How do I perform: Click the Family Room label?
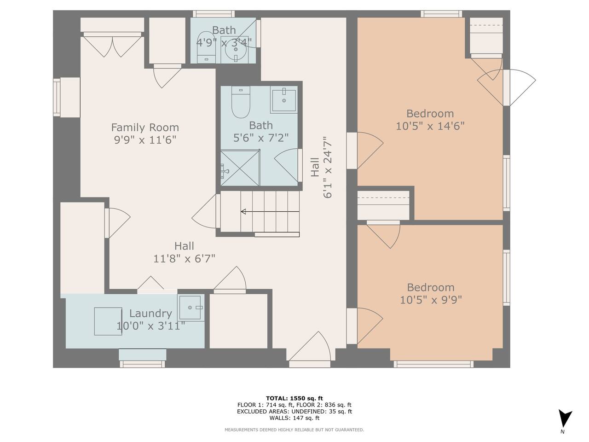coord(145,127)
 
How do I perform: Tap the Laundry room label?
coord(150,313)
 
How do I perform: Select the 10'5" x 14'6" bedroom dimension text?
coord(430,126)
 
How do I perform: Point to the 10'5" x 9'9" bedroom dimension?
coord(431,299)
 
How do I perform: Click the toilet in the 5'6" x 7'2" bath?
coord(241,102)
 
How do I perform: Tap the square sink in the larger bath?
coord(284,100)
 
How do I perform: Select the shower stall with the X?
coord(240,168)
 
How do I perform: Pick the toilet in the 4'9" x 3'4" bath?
coord(206,48)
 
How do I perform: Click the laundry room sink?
coord(191,308)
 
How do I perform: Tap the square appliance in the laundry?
coord(108,321)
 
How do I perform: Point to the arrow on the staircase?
coord(270,211)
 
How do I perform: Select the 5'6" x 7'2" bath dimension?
coord(261,138)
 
